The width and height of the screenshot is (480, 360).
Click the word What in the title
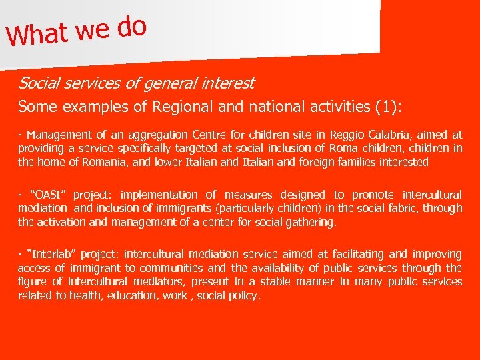[x=39, y=34]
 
